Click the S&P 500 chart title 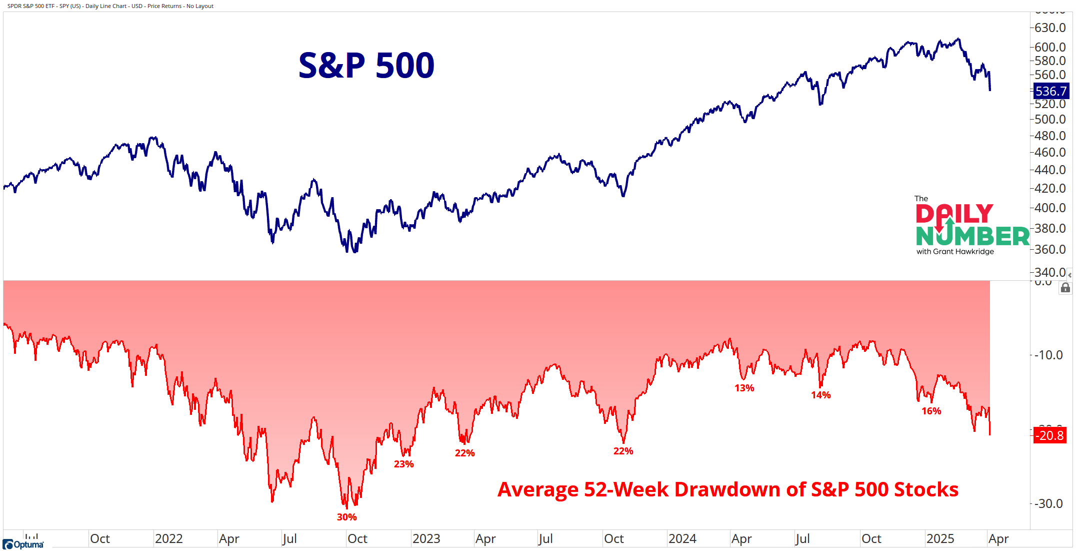click(366, 66)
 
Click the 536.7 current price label click(1050, 91)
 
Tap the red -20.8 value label click(1050, 435)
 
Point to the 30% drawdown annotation click(346, 517)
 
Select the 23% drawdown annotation click(403, 464)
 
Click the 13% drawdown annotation click(744, 388)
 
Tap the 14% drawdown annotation click(820, 395)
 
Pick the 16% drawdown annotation click(931, 411)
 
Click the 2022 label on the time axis click(168, 538)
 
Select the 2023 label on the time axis click(426, 538)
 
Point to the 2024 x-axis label click(682, 538)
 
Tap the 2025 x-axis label click(940, 538)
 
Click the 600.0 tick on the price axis click(1050, 47)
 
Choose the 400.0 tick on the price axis click(1050, 208)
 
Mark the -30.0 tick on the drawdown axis click(1050, 503)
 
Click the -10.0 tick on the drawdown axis click(1050, 355)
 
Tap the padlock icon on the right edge click(1065, 288)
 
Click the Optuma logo click(23, 544)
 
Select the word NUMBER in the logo click(972, 236)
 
